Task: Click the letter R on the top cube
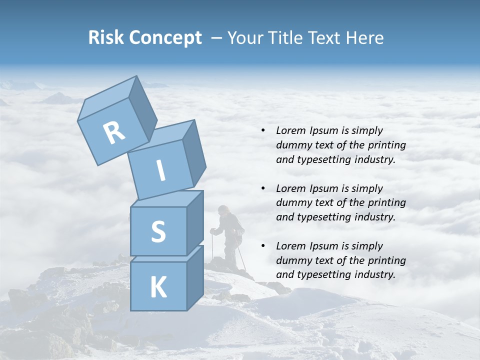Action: tap(114, 133)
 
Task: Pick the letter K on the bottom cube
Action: tap(158, 287)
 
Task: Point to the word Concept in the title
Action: tap(165, 38)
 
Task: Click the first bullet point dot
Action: tap(263, 131)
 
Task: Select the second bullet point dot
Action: tap(263, 188)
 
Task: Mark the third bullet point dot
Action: tap(263, 246)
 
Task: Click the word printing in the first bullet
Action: tap(386, 145)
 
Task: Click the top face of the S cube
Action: tap(167, 199)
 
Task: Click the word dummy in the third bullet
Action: tap(292, 260)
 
